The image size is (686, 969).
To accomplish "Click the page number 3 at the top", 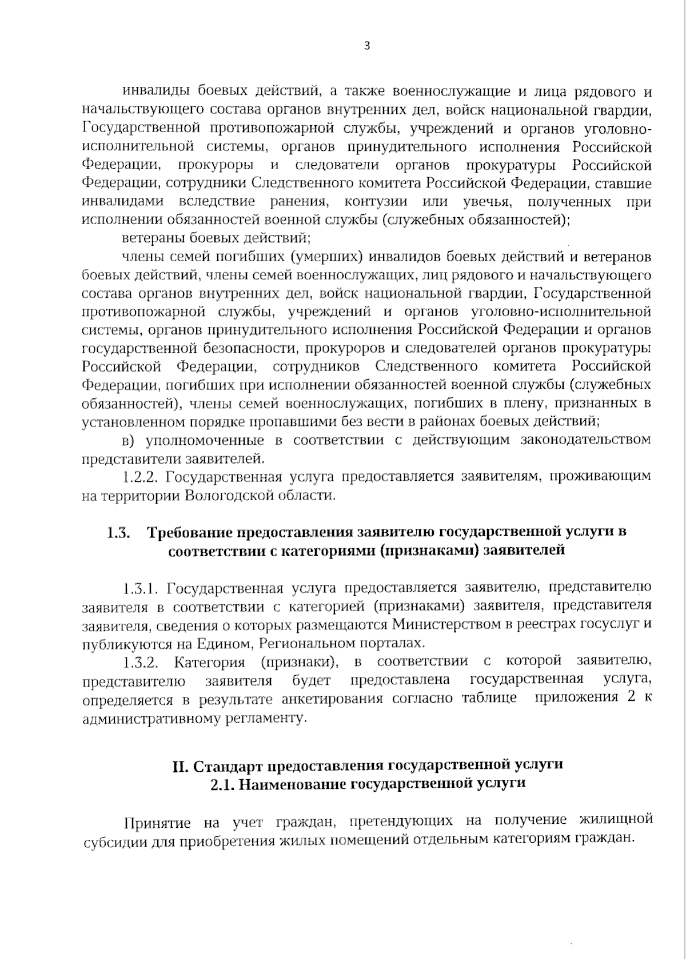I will click(x=366, y=46).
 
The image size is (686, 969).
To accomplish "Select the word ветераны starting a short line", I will click(x=150, y=238).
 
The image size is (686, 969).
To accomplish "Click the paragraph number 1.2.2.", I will click(x=141, y=477).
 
